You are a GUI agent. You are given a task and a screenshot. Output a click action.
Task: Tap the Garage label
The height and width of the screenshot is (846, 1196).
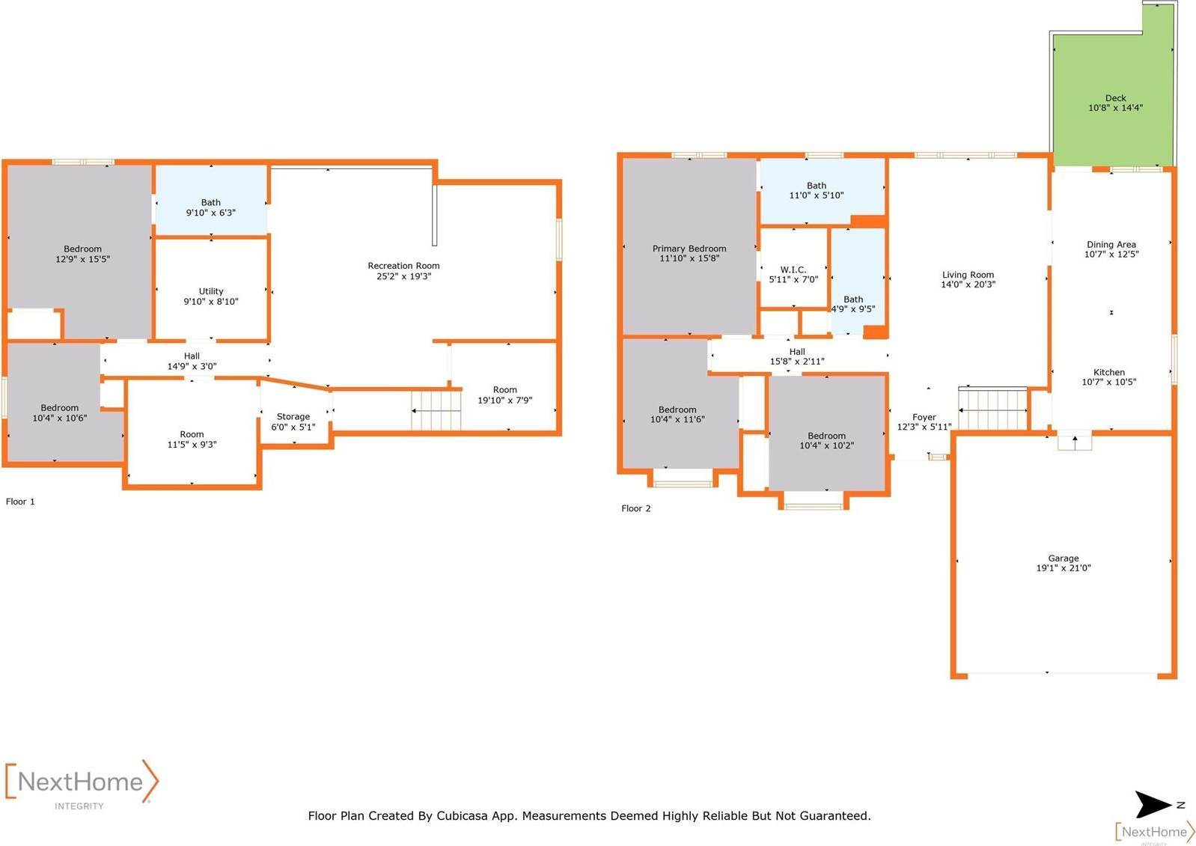tap(1063, 559)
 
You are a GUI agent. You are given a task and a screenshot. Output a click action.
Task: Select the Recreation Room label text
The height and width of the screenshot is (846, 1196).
tap(403, 266)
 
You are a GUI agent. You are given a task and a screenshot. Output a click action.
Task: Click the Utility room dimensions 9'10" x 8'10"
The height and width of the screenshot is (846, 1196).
tap(211, 302)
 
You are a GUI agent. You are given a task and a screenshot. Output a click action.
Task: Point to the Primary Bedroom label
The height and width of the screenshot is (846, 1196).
tap(689, 249)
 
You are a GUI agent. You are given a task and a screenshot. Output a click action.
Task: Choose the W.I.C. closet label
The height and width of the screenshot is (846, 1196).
tap(793, 270)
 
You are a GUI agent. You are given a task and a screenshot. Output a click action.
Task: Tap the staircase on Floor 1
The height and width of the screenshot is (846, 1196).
tap(436, 410)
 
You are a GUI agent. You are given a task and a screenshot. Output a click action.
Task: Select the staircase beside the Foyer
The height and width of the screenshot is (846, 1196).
tap(993, 410)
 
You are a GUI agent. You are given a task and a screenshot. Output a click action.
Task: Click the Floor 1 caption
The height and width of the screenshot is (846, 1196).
tap(20, 502)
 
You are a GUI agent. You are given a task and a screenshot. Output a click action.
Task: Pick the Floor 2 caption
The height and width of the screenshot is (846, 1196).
tap(635, 508)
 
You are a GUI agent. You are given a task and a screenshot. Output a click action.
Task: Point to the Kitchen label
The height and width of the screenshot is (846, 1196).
tap(1108, 372)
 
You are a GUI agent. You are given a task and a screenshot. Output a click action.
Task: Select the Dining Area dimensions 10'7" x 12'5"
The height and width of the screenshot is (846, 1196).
tap(1111, 255)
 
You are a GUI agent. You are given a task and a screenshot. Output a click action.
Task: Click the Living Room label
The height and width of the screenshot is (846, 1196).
tap(968, 275)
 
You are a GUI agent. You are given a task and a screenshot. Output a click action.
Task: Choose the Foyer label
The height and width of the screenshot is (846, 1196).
tap(924, 417)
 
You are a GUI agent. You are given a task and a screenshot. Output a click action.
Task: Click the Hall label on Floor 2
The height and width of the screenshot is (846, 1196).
tap(797, 351)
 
